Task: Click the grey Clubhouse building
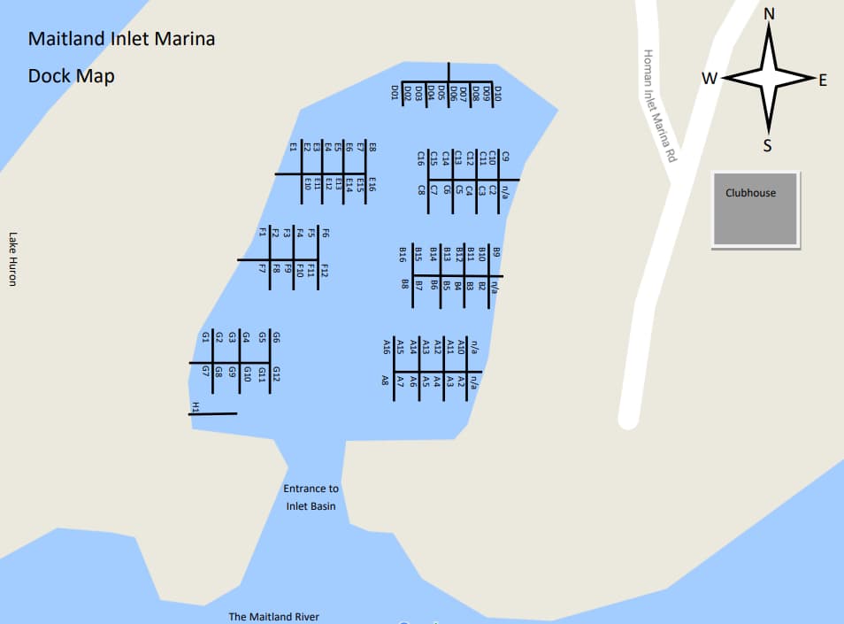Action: (756, 210)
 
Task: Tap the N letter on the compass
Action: (768, 13)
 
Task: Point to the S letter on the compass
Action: (767, 145)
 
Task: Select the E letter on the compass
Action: (822, 81)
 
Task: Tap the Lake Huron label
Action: (13, 258)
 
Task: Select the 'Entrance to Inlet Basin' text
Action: (311, 497)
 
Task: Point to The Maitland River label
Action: (273, 617)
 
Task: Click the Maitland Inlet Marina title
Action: (121, 40)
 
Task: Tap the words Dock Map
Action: (71, 76)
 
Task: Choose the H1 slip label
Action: (196, 407)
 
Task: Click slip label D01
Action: (395, 92)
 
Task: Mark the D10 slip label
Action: (497, 92)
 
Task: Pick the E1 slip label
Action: (293, 147)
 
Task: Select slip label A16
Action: (387, 346)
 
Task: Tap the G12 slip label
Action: (276, 374)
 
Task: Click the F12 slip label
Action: (325, 271)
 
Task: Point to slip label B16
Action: (403, 254)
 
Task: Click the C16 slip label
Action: (421, 158)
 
